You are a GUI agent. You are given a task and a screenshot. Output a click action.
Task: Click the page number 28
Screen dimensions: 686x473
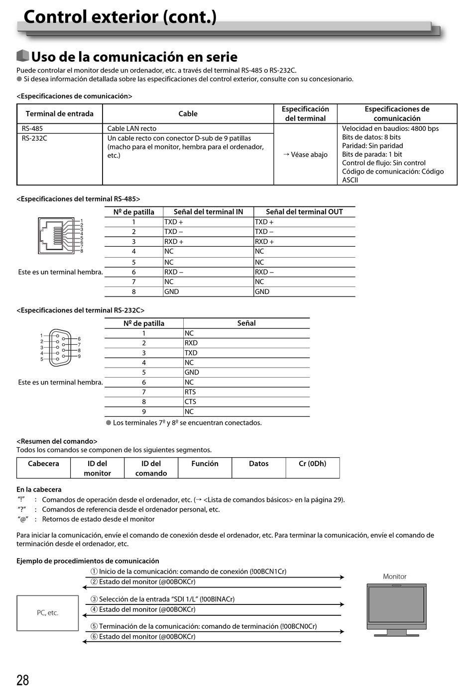tap(23, 680)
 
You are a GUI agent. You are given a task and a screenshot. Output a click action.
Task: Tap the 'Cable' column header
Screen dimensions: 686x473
tap(188, 114)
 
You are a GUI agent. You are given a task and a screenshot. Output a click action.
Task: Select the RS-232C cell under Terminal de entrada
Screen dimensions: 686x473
tap(34, 138)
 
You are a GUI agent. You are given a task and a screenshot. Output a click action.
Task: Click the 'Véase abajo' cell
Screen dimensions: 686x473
tap(305, 155)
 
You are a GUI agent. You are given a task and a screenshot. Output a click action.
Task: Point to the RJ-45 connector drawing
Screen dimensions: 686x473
tap(56, 236)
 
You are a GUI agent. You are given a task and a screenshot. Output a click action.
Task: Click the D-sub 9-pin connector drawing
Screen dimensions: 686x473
tap(60, 347)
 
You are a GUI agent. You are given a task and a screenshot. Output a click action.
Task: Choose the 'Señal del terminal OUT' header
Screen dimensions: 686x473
tap(304, 212)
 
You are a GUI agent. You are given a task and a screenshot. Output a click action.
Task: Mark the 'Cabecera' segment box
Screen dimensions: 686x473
tap(43, 468)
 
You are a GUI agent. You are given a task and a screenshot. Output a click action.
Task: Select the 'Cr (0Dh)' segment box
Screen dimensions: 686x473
tap(312, 468)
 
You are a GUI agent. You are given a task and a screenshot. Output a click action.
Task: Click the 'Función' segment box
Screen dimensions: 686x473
tap(205, 468)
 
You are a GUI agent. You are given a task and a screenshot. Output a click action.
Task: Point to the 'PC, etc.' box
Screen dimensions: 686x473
tap(48, 613)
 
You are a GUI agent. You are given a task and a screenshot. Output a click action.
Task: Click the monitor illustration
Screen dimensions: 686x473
tap(396, 609)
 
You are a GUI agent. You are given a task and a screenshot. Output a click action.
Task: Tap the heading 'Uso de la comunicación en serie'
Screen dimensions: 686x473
tap(134, 57)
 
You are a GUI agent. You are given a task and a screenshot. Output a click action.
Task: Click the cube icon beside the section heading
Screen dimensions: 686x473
tap(22, 56)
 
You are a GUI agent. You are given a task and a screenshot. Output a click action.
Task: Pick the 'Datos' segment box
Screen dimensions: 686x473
tap(258, 468)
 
